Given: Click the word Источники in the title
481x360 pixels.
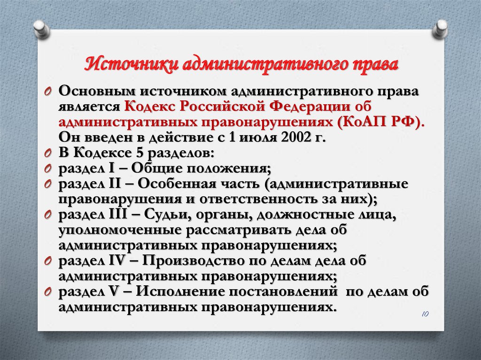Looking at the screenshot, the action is (x=132, y=65).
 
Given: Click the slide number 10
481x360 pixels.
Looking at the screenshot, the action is (x=425, y=314).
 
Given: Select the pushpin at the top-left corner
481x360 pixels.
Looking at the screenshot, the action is (x=41, y=29).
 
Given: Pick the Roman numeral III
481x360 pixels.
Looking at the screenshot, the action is (x=118, y=214).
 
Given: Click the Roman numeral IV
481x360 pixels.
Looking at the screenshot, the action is (x=117, y=260).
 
